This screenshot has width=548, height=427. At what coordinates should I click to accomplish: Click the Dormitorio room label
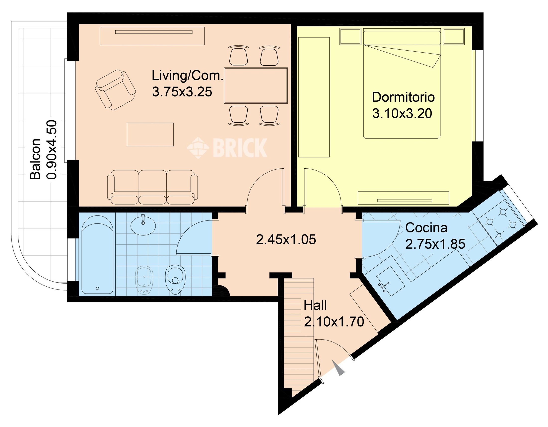(403, 97)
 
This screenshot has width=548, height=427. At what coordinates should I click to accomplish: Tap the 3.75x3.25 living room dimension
(182, 92)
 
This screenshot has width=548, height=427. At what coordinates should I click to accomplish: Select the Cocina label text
(426, 228)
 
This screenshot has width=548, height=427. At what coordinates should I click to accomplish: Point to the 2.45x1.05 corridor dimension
(286, 239)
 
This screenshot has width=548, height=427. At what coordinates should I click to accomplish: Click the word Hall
(315, 306)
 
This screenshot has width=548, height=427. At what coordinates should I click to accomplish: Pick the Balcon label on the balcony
(35, 159)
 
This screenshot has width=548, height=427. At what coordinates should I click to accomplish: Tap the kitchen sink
(390, 281)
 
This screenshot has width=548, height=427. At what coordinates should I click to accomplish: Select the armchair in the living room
(115, 90)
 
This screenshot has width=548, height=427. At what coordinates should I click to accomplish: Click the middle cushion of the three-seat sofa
(152, 187)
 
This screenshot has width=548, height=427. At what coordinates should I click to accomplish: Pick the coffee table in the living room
(150, 134)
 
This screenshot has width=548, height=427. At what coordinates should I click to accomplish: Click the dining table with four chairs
(256, 85)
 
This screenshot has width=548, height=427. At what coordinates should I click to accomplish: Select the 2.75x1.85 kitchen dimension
(435, 244)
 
